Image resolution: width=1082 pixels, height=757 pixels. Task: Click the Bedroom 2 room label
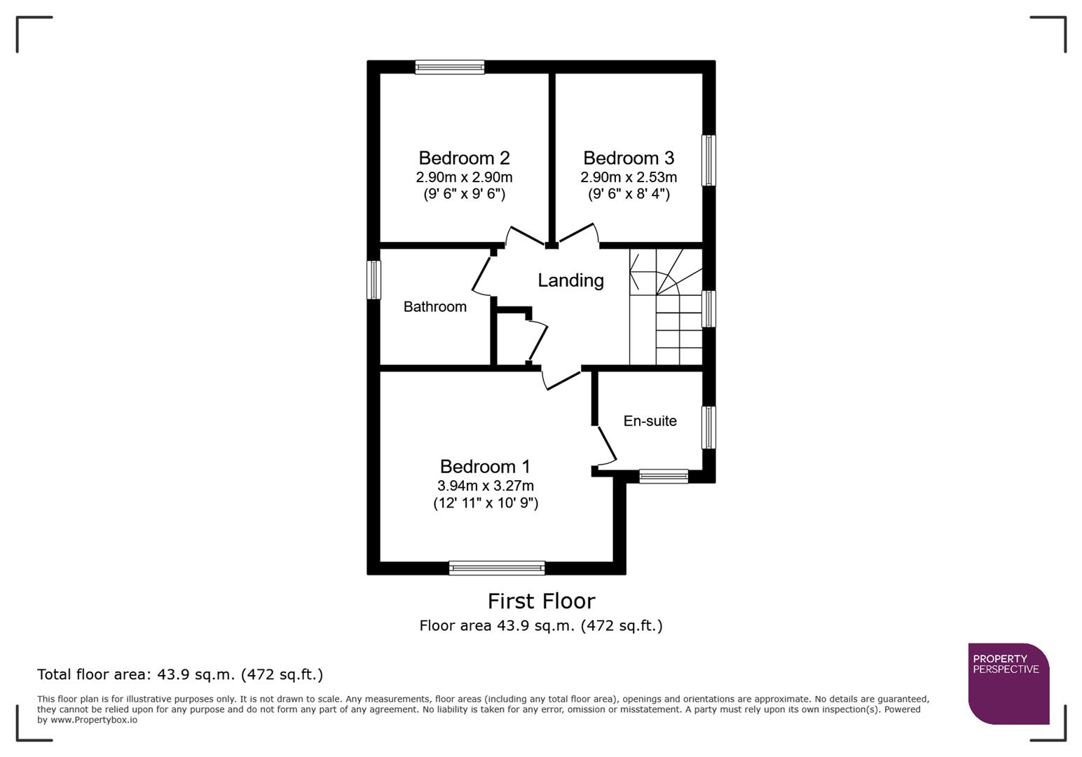coord(464,158)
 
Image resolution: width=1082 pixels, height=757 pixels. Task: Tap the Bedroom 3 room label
coord(629,158)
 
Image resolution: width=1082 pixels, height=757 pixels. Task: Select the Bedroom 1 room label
coord(485,466)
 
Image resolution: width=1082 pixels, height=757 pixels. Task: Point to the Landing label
coord(570,280)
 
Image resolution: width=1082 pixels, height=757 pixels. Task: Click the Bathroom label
coord(434,306)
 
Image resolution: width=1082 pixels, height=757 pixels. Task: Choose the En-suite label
coord(650,421)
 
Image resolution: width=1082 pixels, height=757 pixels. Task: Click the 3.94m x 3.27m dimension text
coord(485,486)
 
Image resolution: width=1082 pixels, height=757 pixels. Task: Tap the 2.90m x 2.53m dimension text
coord(629,177)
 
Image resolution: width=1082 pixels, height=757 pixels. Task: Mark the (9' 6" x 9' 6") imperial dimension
coord(464,194)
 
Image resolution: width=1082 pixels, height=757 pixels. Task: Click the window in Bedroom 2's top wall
coord(449,67)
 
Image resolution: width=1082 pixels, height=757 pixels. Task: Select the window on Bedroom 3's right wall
coord(708,161)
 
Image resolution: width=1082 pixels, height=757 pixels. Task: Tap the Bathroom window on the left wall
coord(374,280)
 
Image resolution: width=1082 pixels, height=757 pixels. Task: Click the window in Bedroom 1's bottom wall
coord(496,568)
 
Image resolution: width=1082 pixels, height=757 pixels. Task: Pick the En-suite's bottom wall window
coord(663,476)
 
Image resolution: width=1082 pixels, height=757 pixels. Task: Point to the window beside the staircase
coord(708,309)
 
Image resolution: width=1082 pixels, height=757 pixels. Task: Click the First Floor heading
coord(541,601)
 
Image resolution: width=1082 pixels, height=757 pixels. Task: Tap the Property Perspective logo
coord(1008,683)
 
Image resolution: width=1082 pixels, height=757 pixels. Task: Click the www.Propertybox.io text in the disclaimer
coord(93,720)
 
